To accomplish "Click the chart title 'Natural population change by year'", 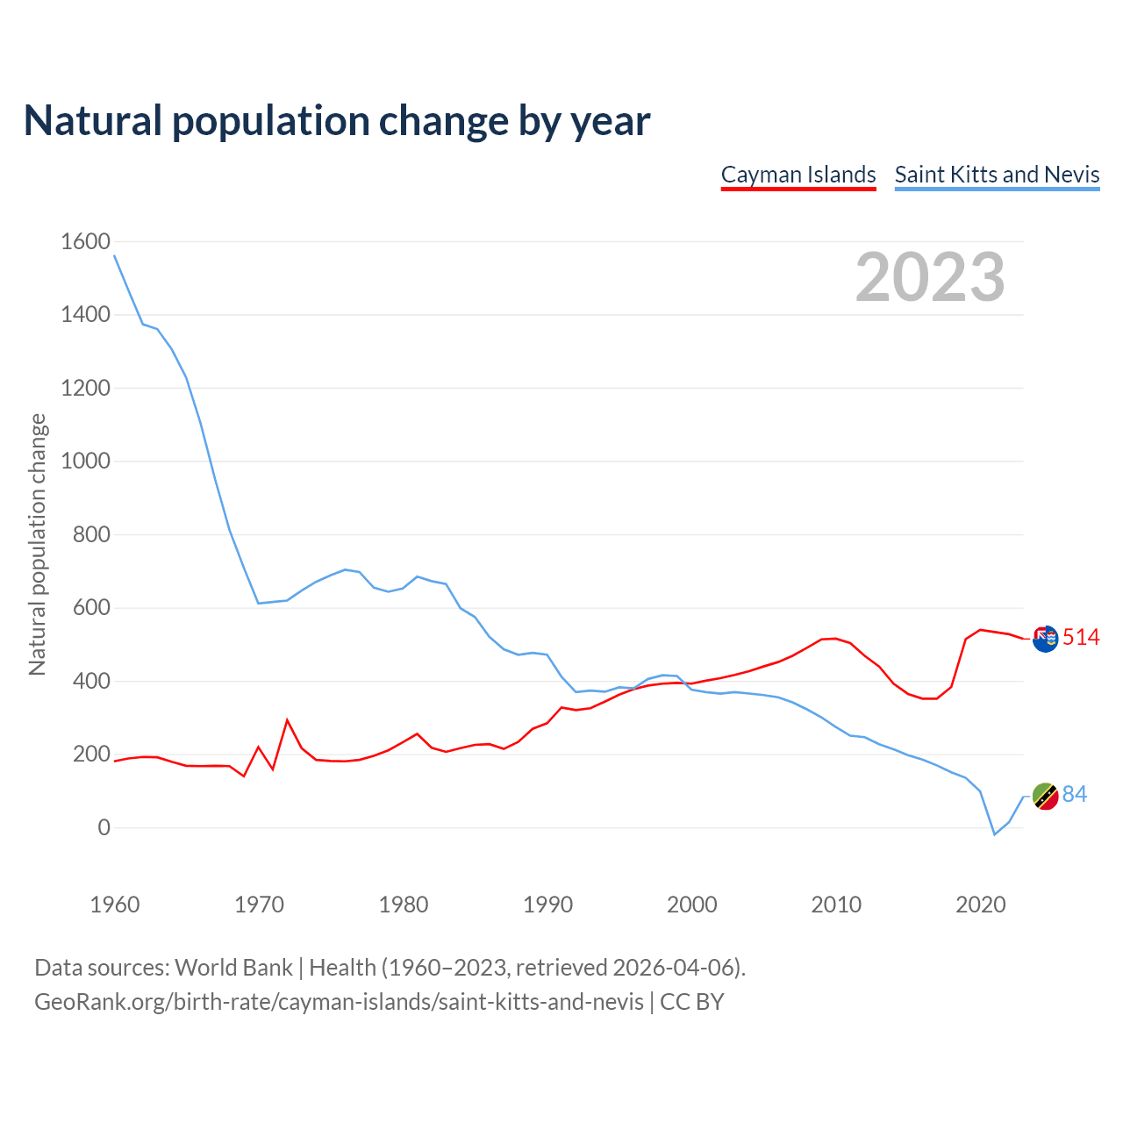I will [337, 121].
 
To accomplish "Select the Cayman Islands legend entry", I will [798, 175].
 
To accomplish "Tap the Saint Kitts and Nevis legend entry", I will [997, 175].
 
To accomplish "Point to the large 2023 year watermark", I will [930, 277].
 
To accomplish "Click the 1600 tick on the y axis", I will [85, 241].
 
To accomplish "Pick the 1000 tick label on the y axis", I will [85, 461].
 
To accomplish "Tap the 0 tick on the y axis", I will [104, 827].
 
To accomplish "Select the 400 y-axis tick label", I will [91, 681].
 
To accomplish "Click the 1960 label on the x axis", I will [115, 905].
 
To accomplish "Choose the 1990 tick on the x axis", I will [547, 905].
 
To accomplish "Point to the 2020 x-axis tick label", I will [980, 905].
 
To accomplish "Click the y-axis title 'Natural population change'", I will [38, 544].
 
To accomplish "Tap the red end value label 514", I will [1081, 638].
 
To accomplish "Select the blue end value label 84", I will [1075, 795].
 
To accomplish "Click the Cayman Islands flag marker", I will [1045, 639].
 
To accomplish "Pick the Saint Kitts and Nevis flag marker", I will [1045, 796].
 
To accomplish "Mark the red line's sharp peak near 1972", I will [287, 720].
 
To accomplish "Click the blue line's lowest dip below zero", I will [995, 834].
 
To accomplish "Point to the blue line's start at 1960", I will [115, 255].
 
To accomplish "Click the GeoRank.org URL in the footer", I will [339, 1002].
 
